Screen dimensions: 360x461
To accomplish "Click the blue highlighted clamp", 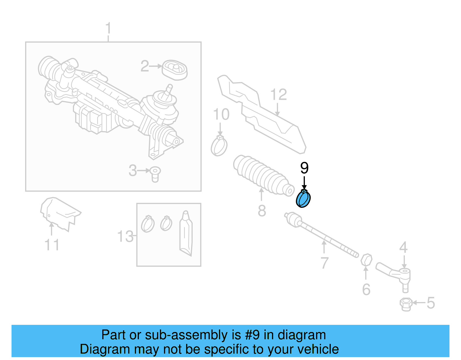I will (303, 199).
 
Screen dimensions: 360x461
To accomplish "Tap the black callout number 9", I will (304, 168).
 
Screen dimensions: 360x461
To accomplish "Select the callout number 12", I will (279, 95).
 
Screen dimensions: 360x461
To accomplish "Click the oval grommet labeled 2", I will (175, 70).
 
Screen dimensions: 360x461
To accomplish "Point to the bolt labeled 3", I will (155, 174).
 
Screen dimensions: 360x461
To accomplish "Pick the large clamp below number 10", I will (219, 146).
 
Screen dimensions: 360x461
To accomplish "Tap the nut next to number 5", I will (406, 304).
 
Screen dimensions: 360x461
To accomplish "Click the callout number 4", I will (403, 247).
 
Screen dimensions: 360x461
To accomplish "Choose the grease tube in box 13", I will (186, 233).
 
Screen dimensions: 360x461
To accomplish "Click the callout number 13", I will (125, 237).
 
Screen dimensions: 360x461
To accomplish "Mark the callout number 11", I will (52, 245).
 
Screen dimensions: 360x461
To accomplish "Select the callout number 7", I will (324, 263).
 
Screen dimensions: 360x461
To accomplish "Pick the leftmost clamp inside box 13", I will (148, 224).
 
